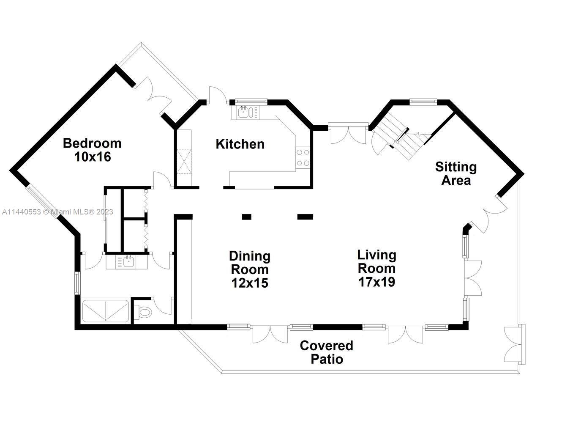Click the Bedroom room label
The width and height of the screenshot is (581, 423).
pos(92,143)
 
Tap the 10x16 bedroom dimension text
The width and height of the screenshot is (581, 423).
pos(92,157)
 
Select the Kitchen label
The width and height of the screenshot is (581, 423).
pos(240,144)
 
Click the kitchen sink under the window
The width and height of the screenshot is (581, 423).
pos(245,113)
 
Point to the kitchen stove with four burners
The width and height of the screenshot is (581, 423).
pos(303,158)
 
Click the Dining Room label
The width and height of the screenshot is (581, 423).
pos(249,263)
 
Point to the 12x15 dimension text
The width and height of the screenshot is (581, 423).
pos(249,283)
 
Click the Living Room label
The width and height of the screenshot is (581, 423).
pos(376,261)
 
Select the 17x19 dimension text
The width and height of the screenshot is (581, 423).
pos(376,282)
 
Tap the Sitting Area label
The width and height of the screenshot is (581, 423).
pos(456,173)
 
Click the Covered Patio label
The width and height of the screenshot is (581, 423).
pos(326,352)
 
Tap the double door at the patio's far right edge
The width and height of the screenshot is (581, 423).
pos(515,344)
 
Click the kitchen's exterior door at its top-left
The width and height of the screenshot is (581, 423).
pos(214,95)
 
